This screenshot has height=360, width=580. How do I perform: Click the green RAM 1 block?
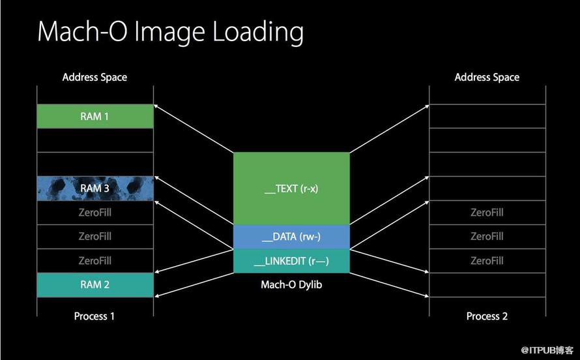[95, 116]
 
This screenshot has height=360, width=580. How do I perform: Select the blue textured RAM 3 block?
[95, 188]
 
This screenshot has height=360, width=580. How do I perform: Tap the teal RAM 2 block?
[95, 284]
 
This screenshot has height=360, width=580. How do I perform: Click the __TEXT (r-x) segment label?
[291, 188]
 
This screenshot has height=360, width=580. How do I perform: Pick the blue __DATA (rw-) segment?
[291, 237]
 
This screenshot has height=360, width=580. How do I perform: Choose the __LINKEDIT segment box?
[291, 261]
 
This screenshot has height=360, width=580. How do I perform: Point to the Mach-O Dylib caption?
[291, 284]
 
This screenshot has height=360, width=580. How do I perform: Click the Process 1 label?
[94, 316]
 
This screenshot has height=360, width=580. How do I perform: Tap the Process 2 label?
[487, 316]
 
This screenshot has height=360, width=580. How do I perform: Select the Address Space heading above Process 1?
[94, 77]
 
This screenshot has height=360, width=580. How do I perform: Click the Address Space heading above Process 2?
[487, 77]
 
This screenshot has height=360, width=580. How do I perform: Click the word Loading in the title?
[258, 33]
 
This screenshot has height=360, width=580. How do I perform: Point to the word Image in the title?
[169, 33]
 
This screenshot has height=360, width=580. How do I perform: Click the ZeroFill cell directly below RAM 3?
[95, 213]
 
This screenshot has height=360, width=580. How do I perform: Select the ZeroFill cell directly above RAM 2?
[95, 260]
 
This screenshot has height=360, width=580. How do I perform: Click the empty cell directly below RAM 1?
[95, 140]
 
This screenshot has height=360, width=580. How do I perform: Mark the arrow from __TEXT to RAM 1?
[194, 128]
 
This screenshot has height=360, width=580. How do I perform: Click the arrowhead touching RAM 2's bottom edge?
[156, 295]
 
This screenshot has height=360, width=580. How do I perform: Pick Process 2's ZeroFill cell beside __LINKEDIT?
[487, 260]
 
